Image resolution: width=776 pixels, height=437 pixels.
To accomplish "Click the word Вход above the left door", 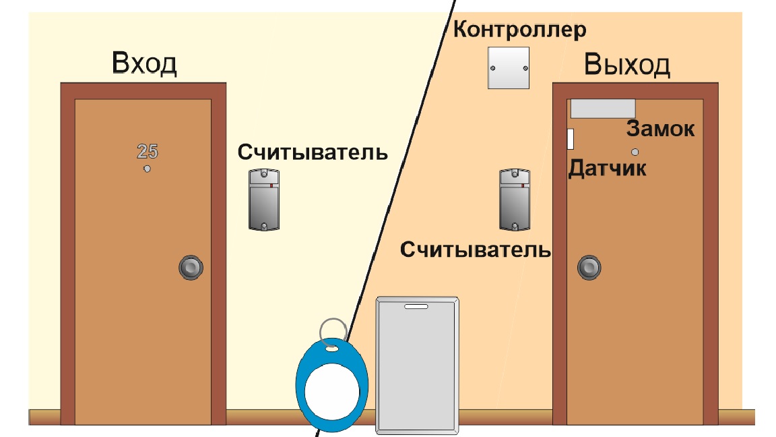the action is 144,63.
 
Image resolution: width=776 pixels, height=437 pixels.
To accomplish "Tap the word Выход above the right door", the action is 627,65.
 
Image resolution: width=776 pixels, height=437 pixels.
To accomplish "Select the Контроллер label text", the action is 519,30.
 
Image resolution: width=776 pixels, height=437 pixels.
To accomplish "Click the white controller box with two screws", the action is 509,68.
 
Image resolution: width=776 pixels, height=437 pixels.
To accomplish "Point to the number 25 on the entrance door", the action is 148,151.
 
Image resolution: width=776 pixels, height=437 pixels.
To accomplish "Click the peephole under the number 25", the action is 147,169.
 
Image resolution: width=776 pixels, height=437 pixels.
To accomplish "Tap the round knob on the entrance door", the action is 191,268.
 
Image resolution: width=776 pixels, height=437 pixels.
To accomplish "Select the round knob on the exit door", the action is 589,268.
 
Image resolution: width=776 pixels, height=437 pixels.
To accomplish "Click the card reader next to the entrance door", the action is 264,200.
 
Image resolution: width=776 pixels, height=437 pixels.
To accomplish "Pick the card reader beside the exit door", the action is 515,200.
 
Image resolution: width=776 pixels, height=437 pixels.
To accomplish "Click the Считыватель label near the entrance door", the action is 313,152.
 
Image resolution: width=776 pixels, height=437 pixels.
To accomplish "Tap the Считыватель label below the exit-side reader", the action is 476,250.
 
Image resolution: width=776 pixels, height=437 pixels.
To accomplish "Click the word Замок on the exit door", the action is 661,129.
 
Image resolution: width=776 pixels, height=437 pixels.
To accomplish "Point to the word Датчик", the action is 607,169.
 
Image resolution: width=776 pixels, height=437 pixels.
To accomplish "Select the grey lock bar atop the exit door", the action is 603,109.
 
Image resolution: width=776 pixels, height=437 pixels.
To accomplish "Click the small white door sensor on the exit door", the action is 570,139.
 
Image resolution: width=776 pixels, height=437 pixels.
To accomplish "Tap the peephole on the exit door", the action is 635,152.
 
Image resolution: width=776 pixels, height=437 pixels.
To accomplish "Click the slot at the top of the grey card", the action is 416,307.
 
